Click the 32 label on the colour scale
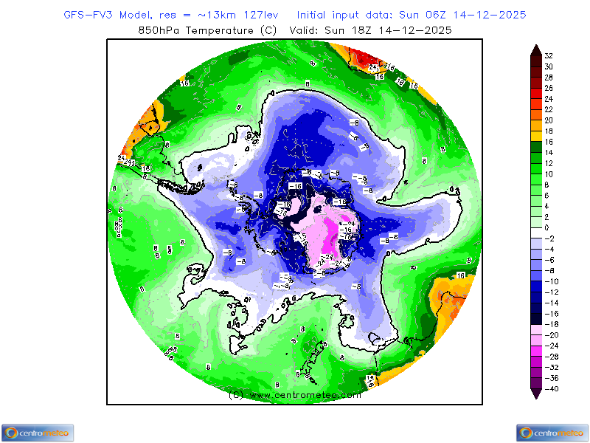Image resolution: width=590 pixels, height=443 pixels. [x=549, y=55]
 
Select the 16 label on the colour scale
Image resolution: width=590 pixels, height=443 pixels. [x=549, y=141]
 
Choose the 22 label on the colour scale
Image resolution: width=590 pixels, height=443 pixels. [x=549, y=109]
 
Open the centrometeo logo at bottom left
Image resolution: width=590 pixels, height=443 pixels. [x=37, y=433]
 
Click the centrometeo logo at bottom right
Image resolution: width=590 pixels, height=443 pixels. [x=552, y=433]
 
